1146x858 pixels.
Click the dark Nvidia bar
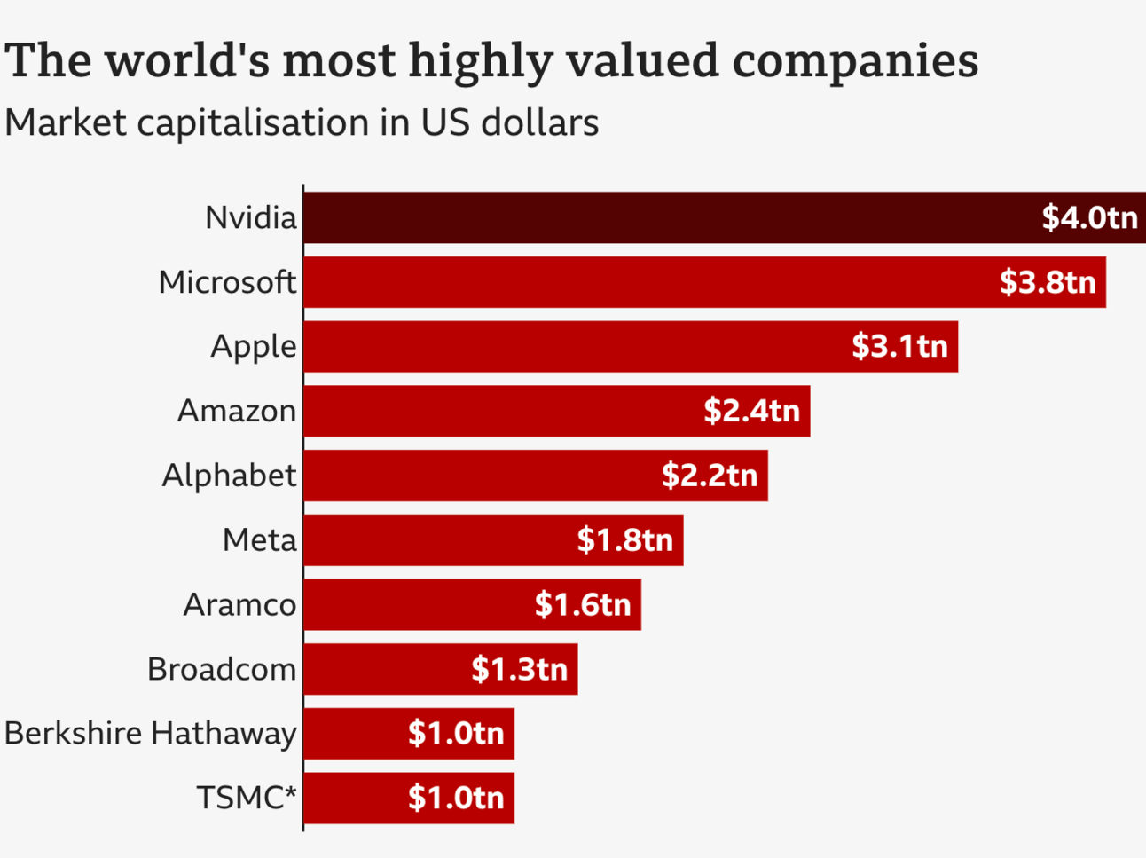pyautogui.click(x=665, y=217)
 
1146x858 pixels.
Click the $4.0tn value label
pyautogui.click(x=1089, y=217)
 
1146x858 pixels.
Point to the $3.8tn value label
pyautogui.click(x=1048, y=282)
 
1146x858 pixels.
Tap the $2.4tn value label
pyautogui.click(x=751, y=411)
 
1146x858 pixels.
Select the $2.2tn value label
pyautogui.click(x=710, y=476)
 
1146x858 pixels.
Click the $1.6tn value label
pyautogui.click(x=583, y=604)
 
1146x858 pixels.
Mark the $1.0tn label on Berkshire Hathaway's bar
pyautogui.click(x=456, y=733)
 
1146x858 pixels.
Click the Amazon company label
pyautogui.click(x=237, y=411)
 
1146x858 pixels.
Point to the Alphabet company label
pyautogui.click(x=229, y=476)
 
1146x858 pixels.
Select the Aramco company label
pyautogui.click(x=239, y=604)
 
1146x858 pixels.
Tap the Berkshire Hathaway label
pyautogui.click(x=150, y=733)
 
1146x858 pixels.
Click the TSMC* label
pyautogui.click(x=247, y=798)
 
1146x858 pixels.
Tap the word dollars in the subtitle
pyautogui.click(x=540, y=122)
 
